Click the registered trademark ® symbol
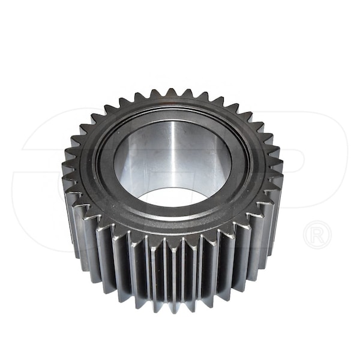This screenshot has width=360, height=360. pyautogui.click(x=317, y=235)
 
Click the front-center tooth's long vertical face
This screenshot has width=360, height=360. pyautogui.click(x=174, y=270)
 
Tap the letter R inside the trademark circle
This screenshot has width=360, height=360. pyautogui.click(x=317, y=235)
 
